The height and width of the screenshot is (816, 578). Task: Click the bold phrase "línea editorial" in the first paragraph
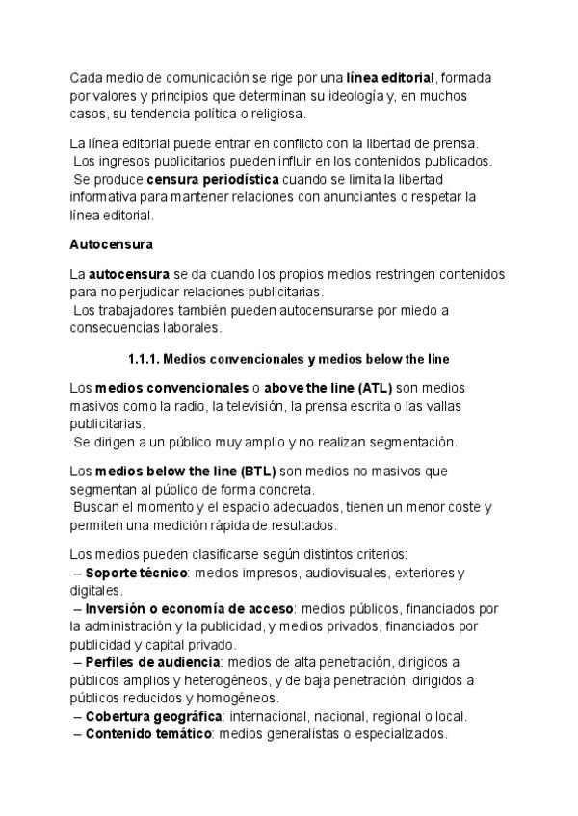389,78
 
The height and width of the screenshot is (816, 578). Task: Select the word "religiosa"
274,114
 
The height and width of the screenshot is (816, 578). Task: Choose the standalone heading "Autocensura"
112,244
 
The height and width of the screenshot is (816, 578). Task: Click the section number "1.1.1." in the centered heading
144,359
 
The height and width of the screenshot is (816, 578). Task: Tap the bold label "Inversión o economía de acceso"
189,609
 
